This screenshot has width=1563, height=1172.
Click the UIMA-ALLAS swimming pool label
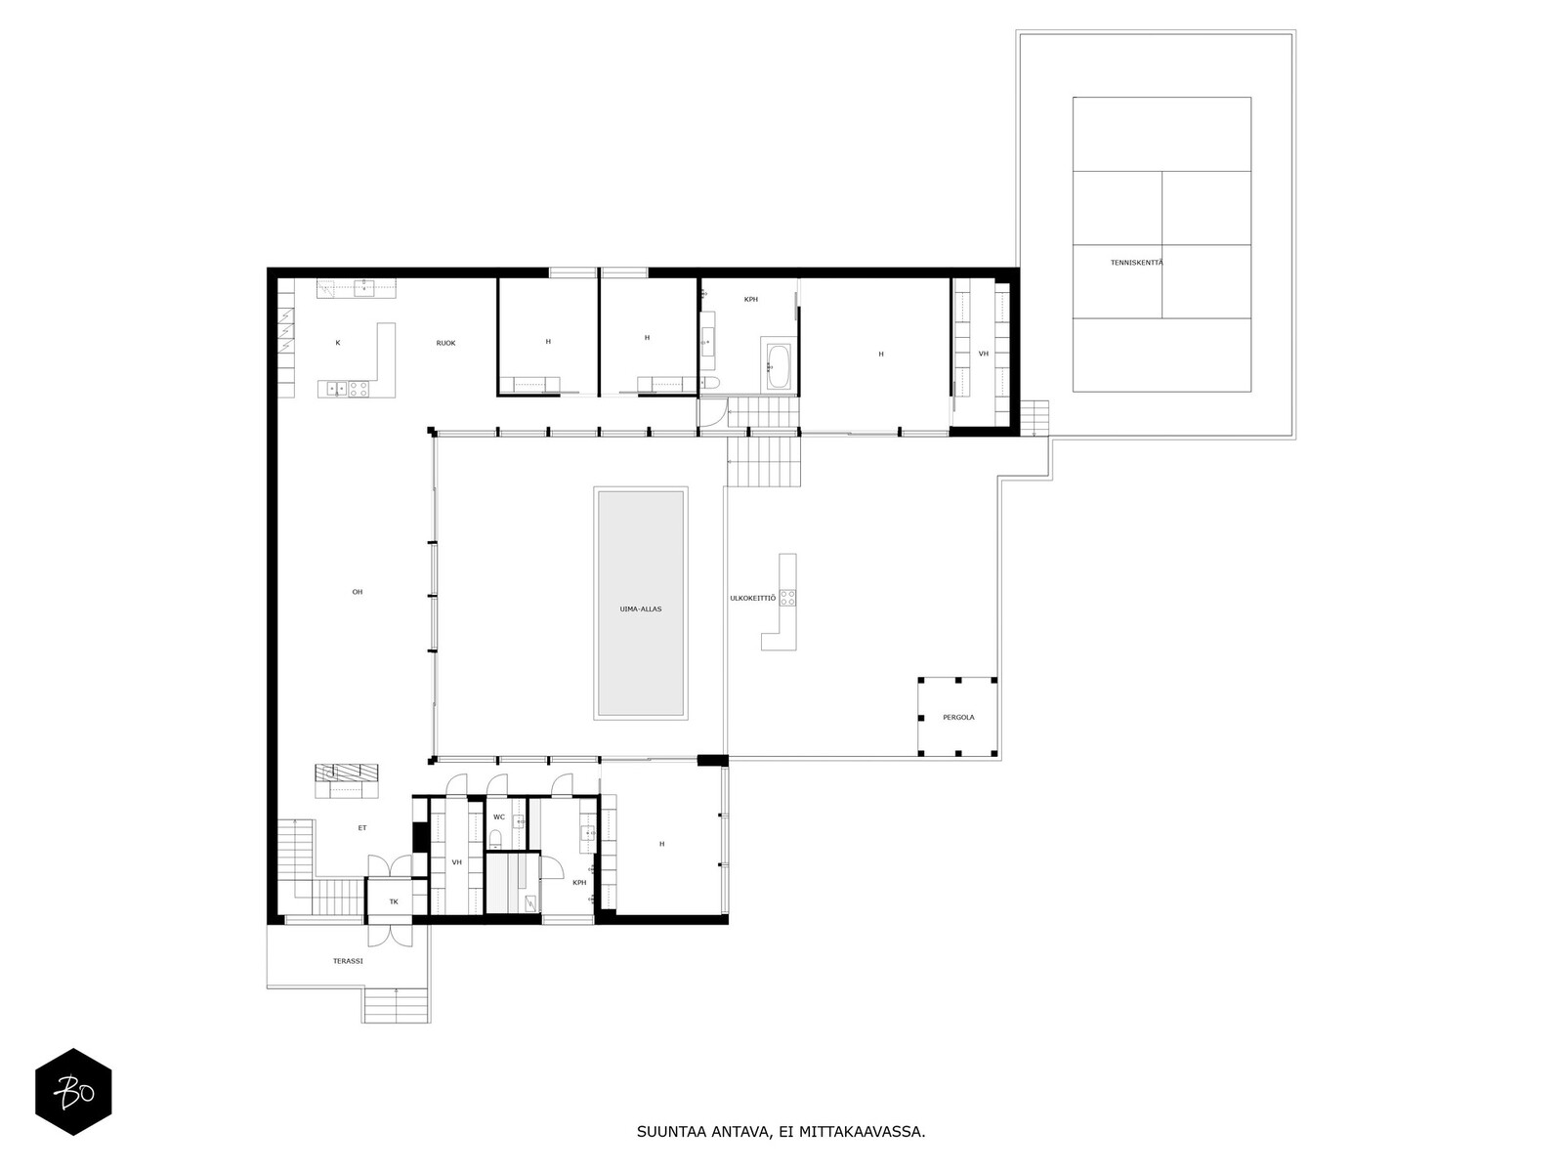[641, 608]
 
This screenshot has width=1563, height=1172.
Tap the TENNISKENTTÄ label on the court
[1136, 263]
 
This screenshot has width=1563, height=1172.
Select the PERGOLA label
[958, 717]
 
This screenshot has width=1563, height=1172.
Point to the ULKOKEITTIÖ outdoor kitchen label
[752, 598]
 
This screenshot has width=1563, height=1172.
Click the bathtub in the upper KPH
[778, 366]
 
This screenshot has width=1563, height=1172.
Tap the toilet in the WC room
[496, 838]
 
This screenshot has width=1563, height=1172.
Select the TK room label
[394, 901]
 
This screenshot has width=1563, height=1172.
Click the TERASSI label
[347, 961]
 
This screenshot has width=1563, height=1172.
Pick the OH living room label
[358, 592]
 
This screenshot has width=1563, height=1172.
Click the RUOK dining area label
[445, 343]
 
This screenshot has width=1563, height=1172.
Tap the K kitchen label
[337, 343]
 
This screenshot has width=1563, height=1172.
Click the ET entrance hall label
[361, 827]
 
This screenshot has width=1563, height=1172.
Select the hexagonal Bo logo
[73, 1092]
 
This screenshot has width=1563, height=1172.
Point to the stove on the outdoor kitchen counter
[787, 598]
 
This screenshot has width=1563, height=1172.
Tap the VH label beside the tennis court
[983, 353]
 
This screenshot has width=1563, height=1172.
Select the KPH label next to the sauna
[579, 882]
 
